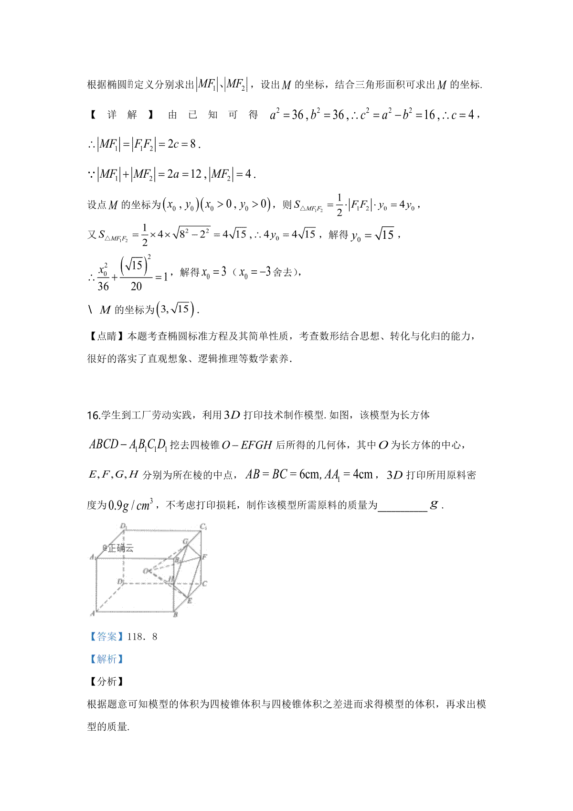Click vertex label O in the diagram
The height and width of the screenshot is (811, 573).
coord(145,571)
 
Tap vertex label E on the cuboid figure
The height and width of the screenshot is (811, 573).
coord(190,600)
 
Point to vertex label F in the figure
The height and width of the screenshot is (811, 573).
coord(205,557)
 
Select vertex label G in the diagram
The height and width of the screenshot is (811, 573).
coord(185,542)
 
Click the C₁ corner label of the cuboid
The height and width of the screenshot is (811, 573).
coord(203,527)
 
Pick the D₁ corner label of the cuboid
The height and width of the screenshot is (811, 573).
coord(123,526)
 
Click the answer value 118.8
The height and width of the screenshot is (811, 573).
coord(142,637)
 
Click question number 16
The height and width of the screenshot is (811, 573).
coord(93,415)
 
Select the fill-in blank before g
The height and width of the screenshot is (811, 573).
coord(402,505)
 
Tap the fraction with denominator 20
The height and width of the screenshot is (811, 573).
coord(136,274)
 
